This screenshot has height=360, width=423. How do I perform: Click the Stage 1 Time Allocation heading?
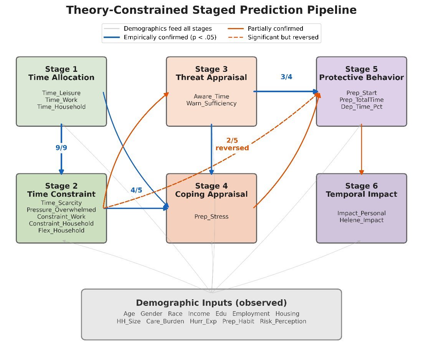pyautogui.click(x=61, y=73)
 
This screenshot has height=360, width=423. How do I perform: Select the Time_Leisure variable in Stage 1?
pyautogui.click(x=61, y=93)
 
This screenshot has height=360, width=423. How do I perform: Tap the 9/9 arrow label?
pyautogui.click(x=61, y=148)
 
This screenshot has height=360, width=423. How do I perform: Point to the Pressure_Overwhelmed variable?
pyautogui.click(x=61, y=210)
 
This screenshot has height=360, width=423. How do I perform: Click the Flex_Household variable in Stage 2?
pyautogui.click(x=61, y=231)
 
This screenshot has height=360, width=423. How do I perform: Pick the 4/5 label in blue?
pyautogui.click(x=136, y=190)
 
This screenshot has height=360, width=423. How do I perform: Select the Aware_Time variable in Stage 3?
pyautogui.click(x=211, y=96)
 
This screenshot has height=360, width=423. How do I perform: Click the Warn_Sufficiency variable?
pyautogui.click(x=211, y=103)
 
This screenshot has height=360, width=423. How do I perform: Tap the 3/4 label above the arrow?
pyautogui.click(x=286, y=77)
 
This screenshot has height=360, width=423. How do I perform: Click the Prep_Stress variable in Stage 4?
pyautogui.click(x=211, y=217)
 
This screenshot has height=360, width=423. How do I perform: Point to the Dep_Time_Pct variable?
pyautogui.click(x=362, y=107)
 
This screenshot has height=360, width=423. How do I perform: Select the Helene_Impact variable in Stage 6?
pyautogui.click(x=362, y=220)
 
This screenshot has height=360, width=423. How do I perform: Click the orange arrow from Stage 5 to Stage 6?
pyautogui.click(x=362, y=149)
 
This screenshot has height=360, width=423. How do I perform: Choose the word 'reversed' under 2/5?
pyautogui.click(x=232, y=148)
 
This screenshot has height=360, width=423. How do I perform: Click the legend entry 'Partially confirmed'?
pyautogui.click(x=276, y=29)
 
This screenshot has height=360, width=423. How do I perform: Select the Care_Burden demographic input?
pyautogui.click(x=165, y=321)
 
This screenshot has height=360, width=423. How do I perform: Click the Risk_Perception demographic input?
pyautogui.click(x=283, y=321)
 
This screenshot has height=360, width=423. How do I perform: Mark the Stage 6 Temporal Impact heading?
pyautogui.click(x=362, y=190)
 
